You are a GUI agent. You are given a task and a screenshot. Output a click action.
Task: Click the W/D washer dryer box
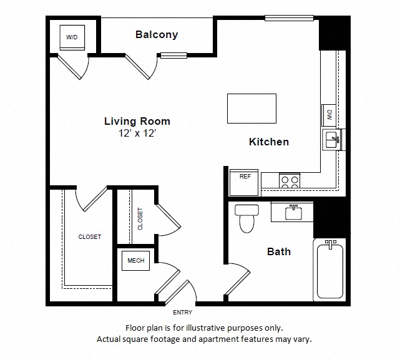[72, 37]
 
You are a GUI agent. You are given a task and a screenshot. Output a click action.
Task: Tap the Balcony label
[157, 35]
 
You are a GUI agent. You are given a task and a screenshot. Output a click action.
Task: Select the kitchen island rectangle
[251, 109]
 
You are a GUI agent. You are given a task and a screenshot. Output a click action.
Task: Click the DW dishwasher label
[328, 115]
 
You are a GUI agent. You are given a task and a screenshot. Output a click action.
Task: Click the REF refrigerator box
[245, 177]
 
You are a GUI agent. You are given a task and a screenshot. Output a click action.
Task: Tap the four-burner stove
[289, 181]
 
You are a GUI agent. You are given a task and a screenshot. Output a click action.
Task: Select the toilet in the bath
[246, 218]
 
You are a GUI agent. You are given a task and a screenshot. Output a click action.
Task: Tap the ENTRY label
[183, 312]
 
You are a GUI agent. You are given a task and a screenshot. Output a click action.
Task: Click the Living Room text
[137, 121]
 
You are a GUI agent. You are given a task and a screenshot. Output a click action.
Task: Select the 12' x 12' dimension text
[137, 132]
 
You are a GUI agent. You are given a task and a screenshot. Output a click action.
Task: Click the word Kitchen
[269, 142]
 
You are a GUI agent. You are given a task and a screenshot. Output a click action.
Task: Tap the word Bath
[279, 251]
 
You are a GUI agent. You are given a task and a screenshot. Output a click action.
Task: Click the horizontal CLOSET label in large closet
[90, 237]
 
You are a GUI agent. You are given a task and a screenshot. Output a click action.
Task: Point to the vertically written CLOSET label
[140, 218]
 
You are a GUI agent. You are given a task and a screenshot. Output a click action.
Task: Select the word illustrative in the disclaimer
[227, 328]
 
